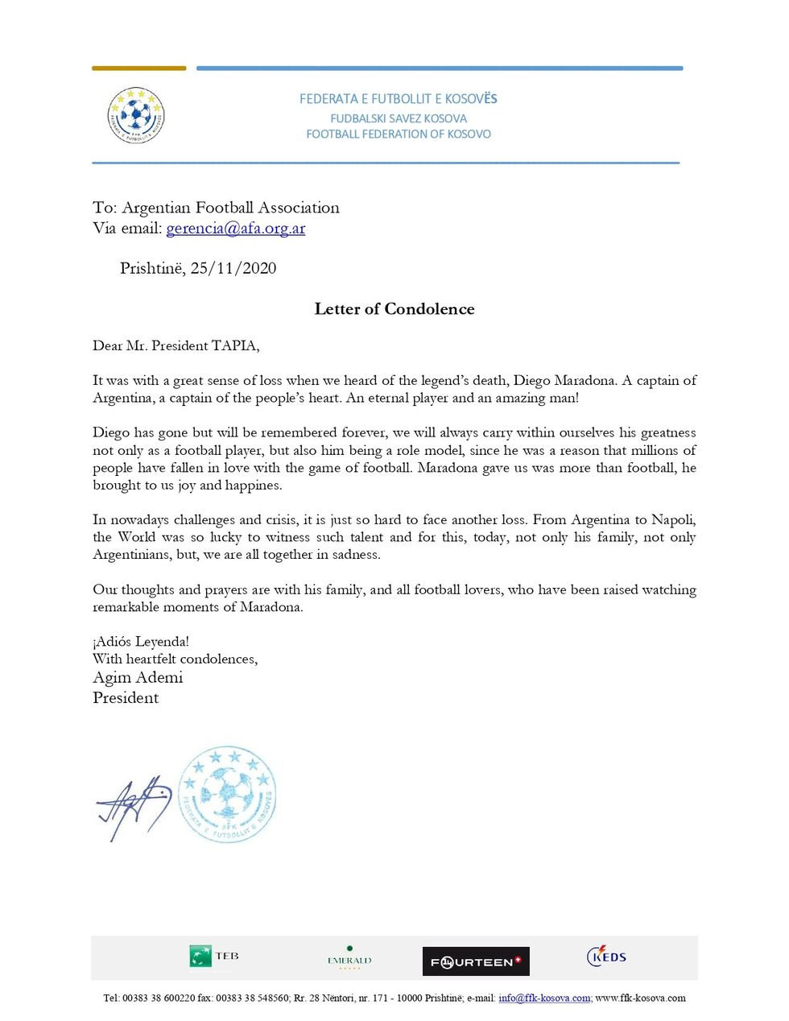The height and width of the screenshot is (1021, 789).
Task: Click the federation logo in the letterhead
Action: (x=135, y=116)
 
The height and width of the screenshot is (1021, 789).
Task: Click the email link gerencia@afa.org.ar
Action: (x=235, y=229)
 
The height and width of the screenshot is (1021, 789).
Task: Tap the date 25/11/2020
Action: (x=233, y=269)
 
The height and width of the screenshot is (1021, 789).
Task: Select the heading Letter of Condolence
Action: (x=394, y=309)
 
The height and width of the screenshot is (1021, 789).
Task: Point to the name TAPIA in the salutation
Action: (x=234, y=346)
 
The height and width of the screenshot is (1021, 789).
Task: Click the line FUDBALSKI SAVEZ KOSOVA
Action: (x=399, y=118)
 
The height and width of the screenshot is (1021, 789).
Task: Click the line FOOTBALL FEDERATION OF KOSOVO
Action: (x=399, y=134)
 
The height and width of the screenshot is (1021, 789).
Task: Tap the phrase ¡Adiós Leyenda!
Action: (x=141, y=642)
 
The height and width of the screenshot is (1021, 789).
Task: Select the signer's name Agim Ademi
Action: (x=138, y=678)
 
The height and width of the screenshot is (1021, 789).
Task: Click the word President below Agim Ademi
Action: (x=126, y=698)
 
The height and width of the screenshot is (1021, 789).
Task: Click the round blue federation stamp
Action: (x=227, y=794)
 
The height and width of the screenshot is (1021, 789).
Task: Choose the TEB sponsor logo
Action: (x=213, y=957)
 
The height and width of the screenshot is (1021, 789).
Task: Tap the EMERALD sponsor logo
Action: (x=349, y=958)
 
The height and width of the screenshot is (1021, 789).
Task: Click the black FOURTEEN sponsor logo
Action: (x=476, y=961)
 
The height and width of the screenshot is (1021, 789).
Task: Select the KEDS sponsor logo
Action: (x=606, y=956)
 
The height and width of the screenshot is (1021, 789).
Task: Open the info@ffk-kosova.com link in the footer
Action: (x=544, y=998)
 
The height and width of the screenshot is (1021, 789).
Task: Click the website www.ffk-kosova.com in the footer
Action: (x=641, y=998)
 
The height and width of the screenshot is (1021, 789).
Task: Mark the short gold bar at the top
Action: (x=138, y=68)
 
